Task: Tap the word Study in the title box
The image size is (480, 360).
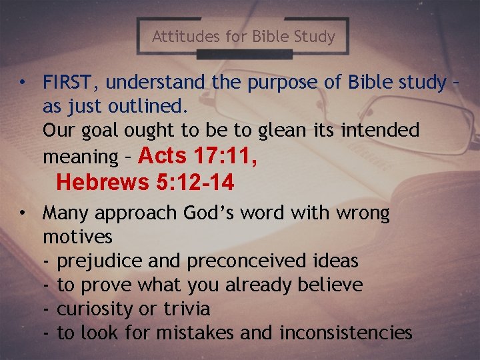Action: click(313, 36)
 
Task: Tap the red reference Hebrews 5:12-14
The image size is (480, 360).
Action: click(145, 181)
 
